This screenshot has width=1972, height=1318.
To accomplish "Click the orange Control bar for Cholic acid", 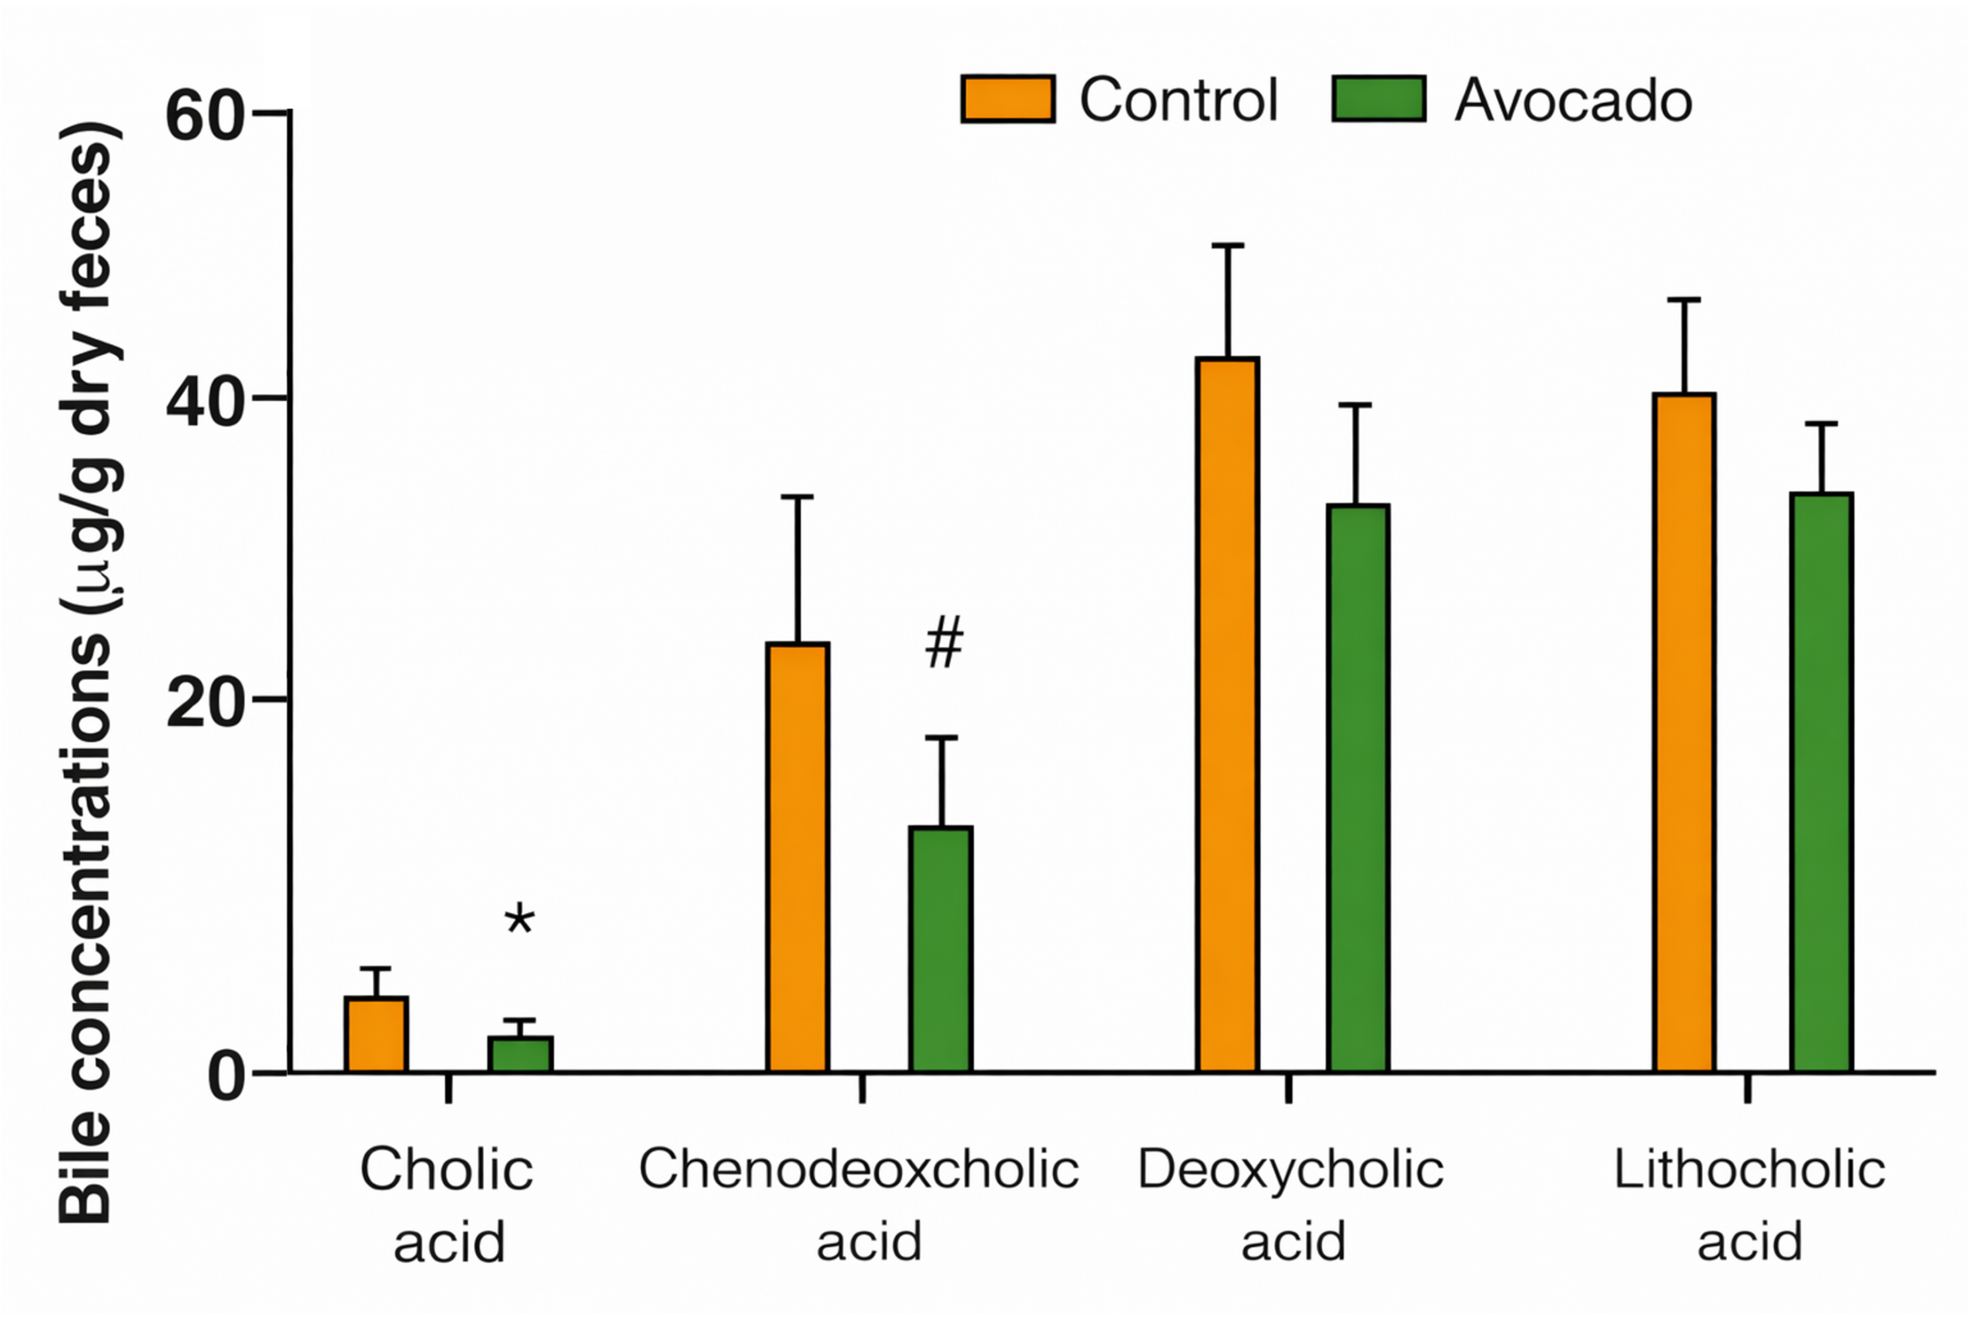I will point(376,1035).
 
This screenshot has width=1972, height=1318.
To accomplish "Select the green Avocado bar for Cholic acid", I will point(521,1055).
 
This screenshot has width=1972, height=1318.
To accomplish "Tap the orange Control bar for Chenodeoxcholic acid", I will point(797,858).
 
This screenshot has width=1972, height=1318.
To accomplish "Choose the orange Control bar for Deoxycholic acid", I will point(1228,714).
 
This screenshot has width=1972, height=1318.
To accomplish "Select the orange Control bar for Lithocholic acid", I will point(1685,732).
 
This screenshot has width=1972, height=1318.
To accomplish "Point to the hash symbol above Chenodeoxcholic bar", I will point(944,642).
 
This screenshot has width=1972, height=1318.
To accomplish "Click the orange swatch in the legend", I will point(1008,99).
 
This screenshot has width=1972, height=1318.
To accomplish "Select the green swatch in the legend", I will point(1378,99).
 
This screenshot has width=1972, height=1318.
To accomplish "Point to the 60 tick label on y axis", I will point(204,116).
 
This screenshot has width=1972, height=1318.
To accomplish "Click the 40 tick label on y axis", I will point(204,402).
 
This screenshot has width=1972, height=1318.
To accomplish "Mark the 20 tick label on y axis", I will point(204,703).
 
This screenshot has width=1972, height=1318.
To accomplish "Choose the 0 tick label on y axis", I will point(226,1077).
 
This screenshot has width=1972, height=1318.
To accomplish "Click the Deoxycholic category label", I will point(1291,1205).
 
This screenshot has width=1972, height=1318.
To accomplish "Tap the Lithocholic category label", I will point(1749,1205).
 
